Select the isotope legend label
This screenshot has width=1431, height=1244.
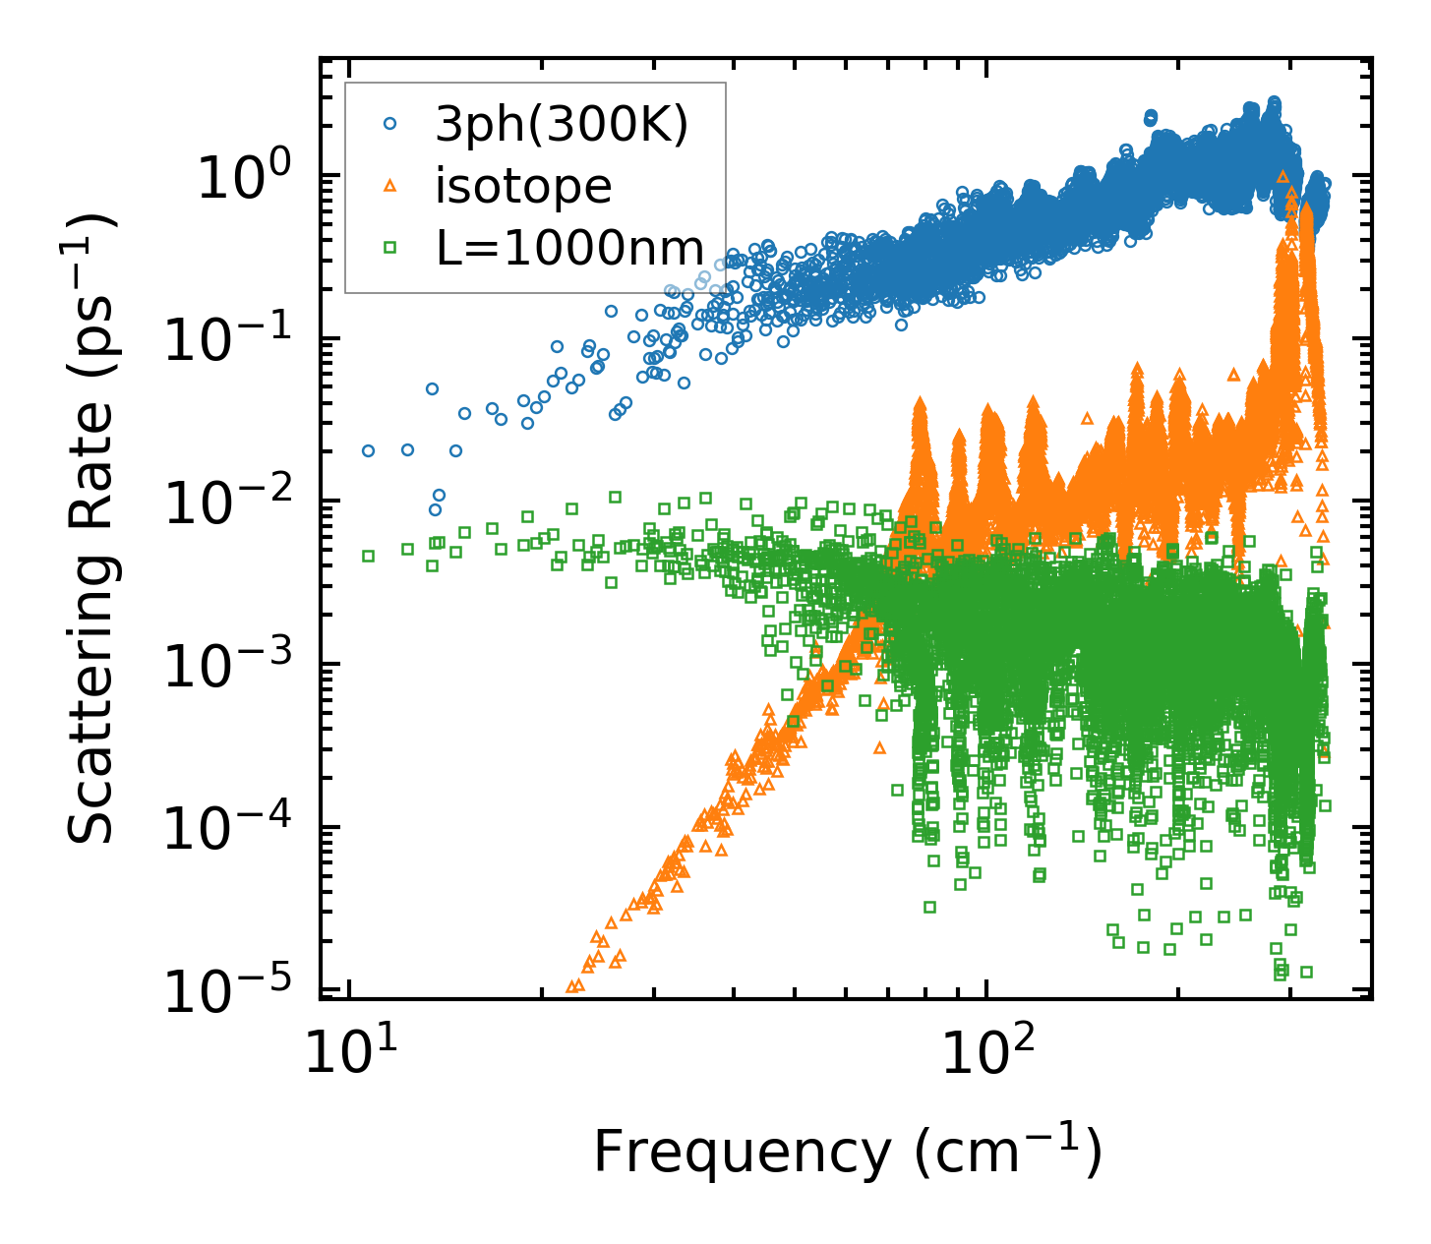(523, 186)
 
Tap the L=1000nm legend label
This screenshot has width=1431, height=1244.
(570, 248)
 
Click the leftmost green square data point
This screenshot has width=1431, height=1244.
(369, 556)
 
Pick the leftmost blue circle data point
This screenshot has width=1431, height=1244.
(369, 450)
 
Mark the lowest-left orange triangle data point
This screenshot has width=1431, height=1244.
(571, 986)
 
